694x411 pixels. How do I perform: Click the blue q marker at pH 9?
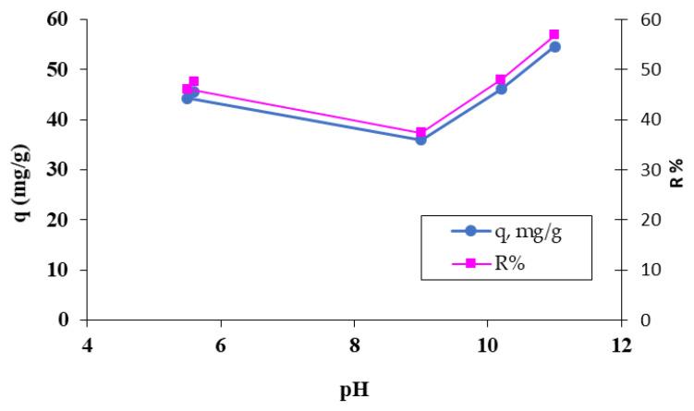coord(420,139)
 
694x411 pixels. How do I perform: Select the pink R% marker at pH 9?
coord(420,133)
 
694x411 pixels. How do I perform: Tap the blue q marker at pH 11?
coord(554,46)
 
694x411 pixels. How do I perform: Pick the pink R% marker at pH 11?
coord(554,34)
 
